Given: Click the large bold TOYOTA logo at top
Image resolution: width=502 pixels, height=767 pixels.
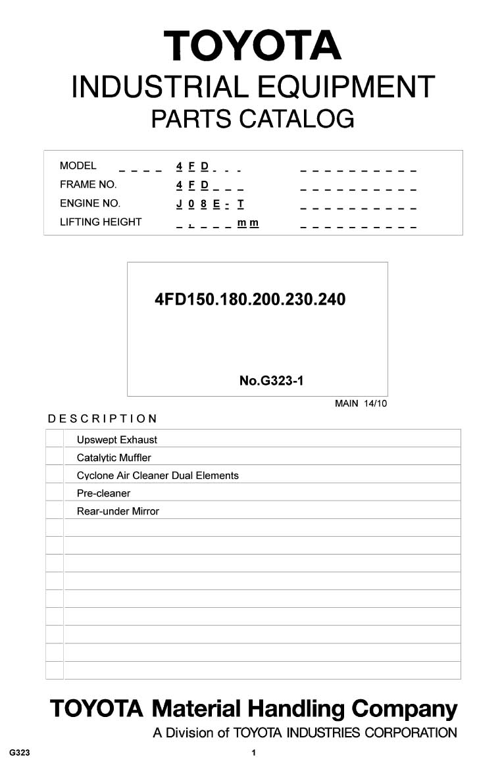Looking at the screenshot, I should click(x=253, y=46).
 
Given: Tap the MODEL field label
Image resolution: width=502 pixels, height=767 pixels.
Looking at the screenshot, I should click(x=78, y=166).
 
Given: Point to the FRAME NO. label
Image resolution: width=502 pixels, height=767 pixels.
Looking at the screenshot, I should click(x=88, y=184).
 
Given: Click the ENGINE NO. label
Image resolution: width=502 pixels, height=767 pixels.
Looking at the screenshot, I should click(x=90, y=203).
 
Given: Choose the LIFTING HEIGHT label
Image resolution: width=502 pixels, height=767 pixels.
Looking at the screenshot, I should click(x=101, y=222).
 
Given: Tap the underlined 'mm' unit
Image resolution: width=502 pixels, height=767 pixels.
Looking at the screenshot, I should click(x=248, y=222).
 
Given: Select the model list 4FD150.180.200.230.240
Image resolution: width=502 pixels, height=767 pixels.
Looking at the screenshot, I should click(x=250, y=300).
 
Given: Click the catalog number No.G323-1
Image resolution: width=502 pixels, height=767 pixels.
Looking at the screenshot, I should click(x=271, y=380).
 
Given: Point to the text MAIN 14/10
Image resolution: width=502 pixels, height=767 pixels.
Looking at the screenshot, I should click(x=361, y=403).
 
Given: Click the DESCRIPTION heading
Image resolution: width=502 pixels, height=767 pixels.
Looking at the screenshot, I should click(x=103, y=418).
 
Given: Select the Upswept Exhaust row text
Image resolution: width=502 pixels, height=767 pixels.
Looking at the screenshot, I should click(x=117, y=439).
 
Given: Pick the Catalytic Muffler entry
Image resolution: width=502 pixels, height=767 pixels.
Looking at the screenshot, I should click(x=114, y=457).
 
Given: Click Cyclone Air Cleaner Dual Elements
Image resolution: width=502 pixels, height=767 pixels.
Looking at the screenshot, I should click(x=158, y=475).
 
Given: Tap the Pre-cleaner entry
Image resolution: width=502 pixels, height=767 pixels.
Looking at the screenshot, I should click(x=103, y=493).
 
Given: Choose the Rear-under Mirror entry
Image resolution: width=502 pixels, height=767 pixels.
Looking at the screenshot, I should click(x=118, y=511).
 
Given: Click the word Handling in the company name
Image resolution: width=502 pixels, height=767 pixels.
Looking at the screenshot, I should click(x=296, y=709).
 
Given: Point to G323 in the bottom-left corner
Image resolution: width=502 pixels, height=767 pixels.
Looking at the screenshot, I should click(x=20, y=753).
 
